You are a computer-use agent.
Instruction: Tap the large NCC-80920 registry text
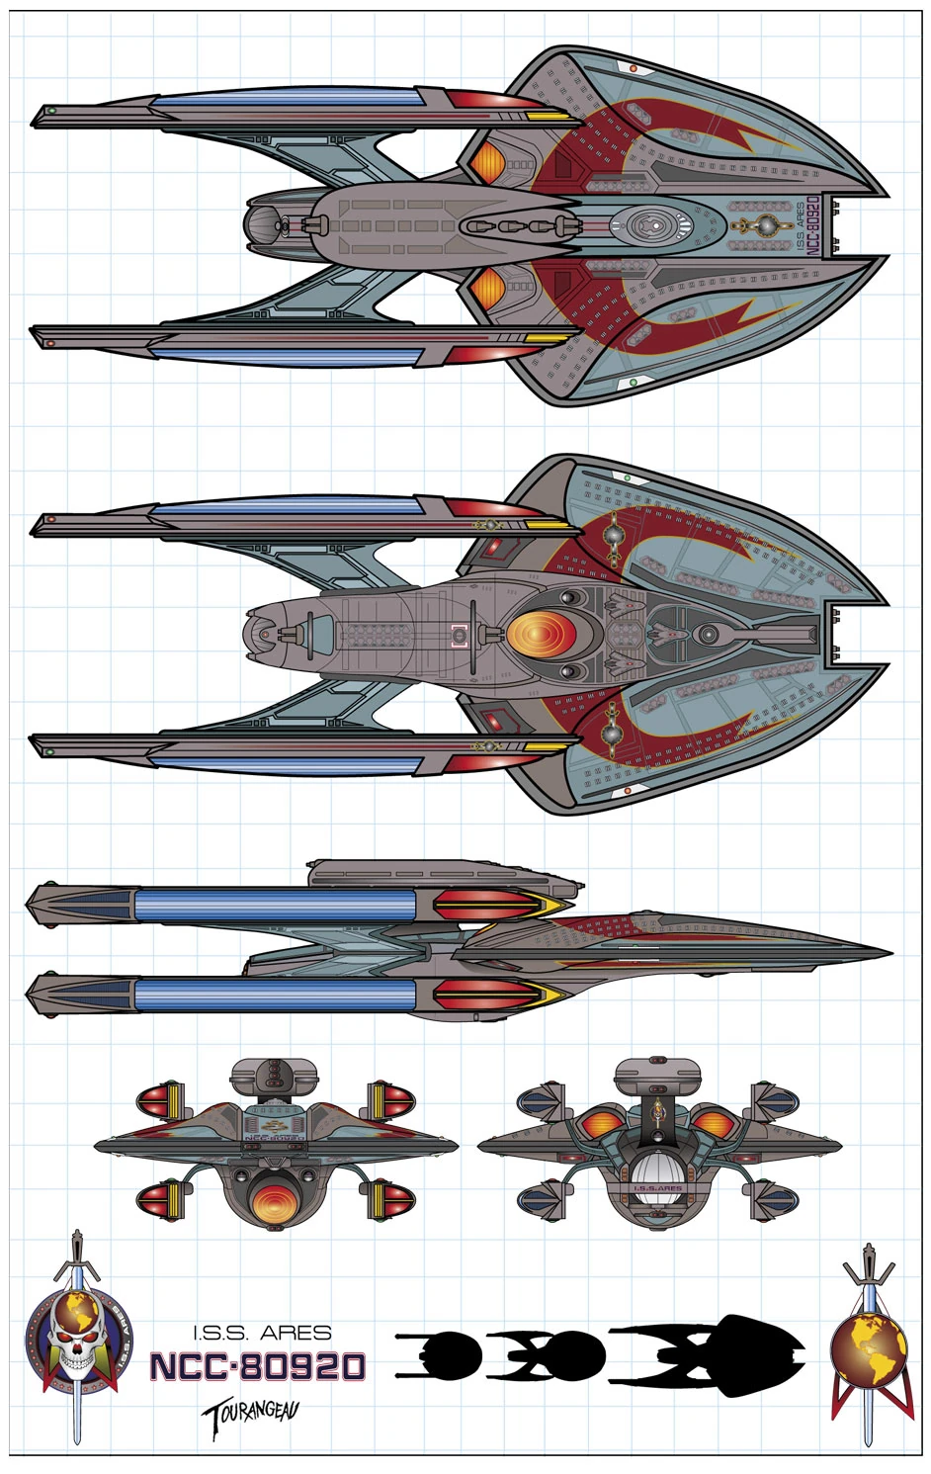pyautogui.click(x=258, y=1367)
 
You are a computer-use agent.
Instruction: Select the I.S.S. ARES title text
pyautogui.click(x=262, y=1334)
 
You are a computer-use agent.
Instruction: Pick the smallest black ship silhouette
pyautogui.click(x=440, y=1353)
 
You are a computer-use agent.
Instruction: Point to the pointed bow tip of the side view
pyautogui.click(x=889, y=954)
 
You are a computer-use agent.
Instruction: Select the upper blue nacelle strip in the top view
pyautogui.click(x=287, y=100)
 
